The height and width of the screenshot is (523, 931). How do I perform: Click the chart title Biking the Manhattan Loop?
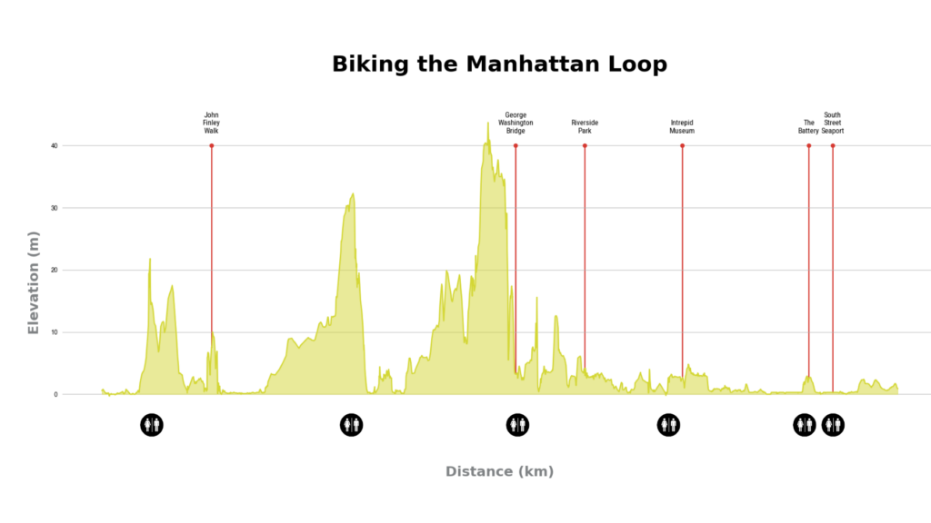point(499,64)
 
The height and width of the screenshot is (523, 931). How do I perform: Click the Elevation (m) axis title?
point(34,282)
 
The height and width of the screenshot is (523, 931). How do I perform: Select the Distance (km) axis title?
point(499,471)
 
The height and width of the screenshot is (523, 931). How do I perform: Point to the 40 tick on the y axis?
point(55,146)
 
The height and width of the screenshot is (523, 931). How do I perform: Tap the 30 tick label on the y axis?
point(55,208)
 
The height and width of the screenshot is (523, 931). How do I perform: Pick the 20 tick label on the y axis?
point(55,271)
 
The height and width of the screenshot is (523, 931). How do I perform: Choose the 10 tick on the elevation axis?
point(55,332)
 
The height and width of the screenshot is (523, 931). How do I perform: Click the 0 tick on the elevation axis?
point(55,395)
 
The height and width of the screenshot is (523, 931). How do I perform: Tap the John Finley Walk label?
point(212,123)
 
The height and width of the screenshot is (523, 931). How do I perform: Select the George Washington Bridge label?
point(516,123)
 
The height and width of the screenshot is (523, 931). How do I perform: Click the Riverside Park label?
point(585,126)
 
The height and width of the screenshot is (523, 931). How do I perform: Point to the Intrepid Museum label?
point(682,126)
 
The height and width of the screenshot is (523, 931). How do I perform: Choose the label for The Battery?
point(808,126)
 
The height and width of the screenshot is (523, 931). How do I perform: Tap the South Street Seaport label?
point(833,123)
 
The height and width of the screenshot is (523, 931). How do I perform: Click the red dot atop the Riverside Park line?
point(585,145)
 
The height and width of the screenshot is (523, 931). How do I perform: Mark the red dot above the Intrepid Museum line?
point(682,145)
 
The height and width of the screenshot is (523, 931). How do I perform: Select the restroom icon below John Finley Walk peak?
point(152,425)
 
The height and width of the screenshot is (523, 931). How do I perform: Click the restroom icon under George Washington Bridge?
point(517,425)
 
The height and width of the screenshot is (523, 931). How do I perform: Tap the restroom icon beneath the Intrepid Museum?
point(668,425)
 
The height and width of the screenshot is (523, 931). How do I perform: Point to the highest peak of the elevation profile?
point(487,124)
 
